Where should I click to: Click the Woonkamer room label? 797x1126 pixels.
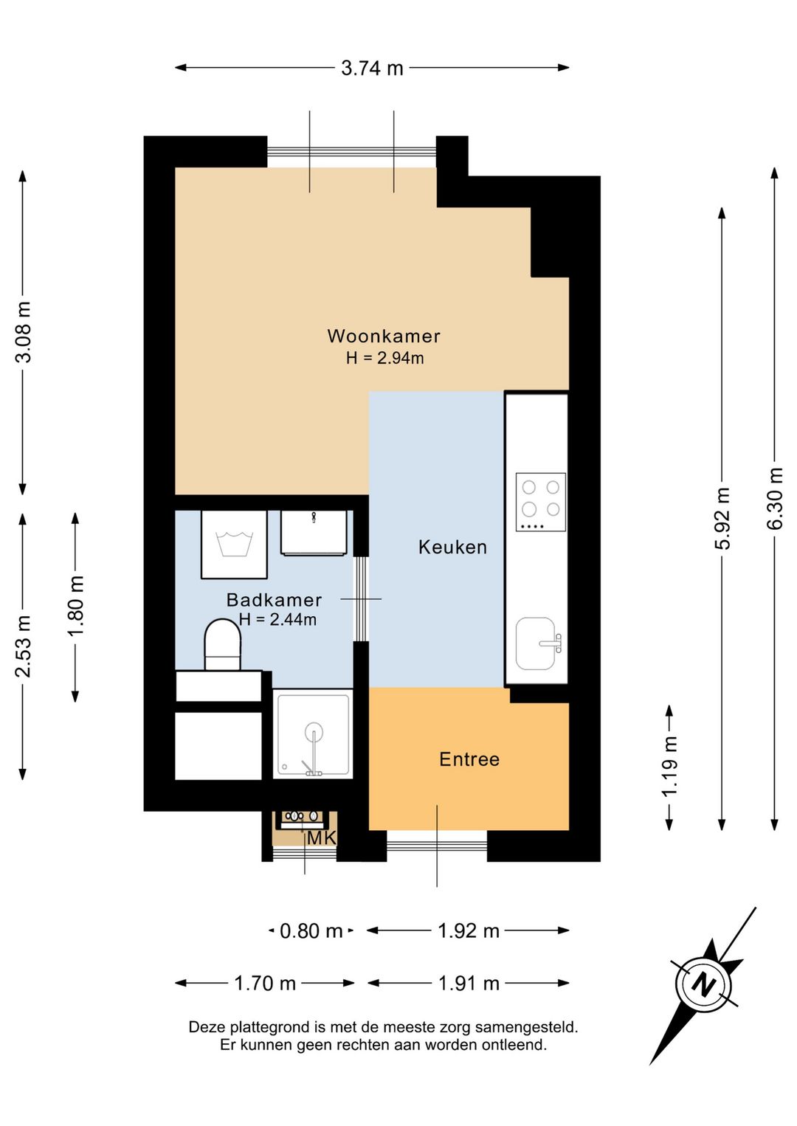tap(384, 336)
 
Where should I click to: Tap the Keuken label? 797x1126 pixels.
tap(452, 547)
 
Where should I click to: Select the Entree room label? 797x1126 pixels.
tap(469, 759)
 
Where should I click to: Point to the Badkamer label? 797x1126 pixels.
tap(274, 600)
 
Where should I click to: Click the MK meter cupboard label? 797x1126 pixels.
tap(321, 838)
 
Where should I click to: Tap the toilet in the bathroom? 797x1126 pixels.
tap(222, 645)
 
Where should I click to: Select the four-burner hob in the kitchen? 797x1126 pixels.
tap(540, 502)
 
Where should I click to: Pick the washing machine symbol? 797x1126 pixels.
tap(234, 545)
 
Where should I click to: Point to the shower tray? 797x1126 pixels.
tap(313, 734)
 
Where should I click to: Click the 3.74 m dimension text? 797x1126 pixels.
tap(372, 68)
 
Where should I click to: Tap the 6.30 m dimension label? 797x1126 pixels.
tap(775, 498)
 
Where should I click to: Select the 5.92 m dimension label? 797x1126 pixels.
tap(722, 518)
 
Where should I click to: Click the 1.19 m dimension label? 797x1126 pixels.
tap(669, 766)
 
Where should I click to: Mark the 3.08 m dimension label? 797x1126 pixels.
tap(23, 332)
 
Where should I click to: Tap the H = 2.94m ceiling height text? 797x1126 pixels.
tap(384, 358)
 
